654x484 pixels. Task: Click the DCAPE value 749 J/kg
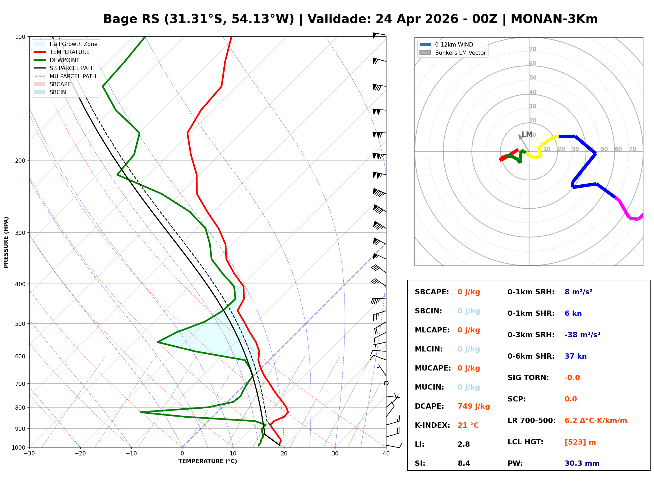click(x=473, y=406)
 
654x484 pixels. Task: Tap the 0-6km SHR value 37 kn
click(x=575, y=356)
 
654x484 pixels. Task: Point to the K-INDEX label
click(x=432, y=425)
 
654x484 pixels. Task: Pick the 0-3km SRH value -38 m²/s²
click(x=582, y=335)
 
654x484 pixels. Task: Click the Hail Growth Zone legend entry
click(x=73, y=44)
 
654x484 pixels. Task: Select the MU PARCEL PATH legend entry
click(x=73, y=76)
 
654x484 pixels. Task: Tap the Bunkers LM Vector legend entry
click(x=460, y=53)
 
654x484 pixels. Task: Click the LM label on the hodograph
click(x=527, y=134)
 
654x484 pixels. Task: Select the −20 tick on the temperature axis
click(x=80, y=454)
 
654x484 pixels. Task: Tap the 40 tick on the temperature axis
click(x=386, y=454)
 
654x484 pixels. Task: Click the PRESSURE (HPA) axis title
click(x=6, y=242)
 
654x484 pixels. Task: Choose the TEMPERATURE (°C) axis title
click(x=208, y=461)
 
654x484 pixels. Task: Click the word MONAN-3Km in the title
click(x=554, y=19)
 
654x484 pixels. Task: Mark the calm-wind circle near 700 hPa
click(x=386, y=383)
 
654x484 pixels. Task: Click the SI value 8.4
click(x=464, y=463)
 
